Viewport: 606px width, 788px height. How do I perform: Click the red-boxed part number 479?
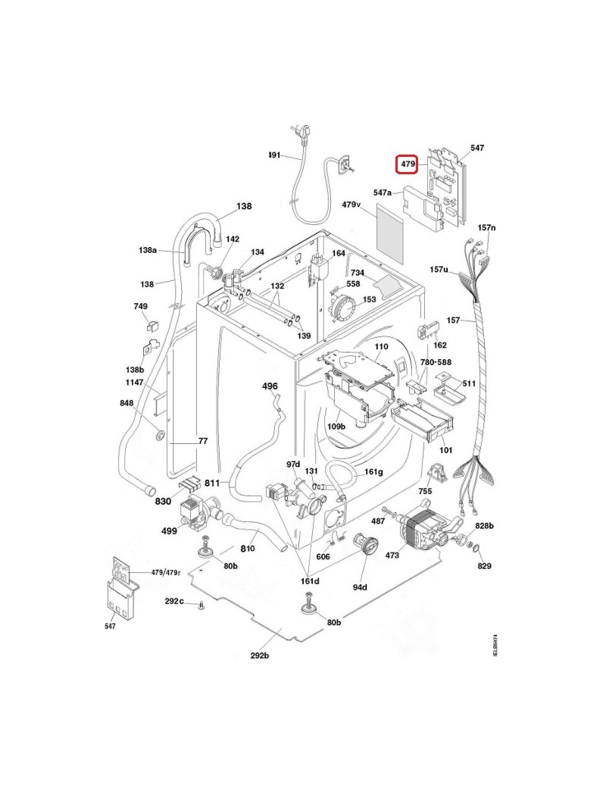(x=408, y=164)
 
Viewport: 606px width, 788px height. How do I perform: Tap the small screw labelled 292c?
(x=201, y=605)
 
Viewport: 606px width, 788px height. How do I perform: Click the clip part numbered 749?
(x=149, y=327)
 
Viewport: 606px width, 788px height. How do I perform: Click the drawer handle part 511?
(x=452, y=389)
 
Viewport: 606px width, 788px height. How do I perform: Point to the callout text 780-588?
(x=436, y=363)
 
